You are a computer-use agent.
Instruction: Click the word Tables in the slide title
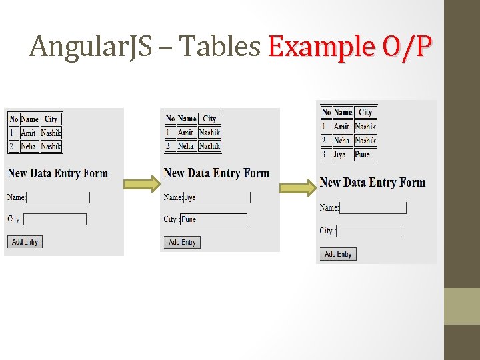coord(219,47)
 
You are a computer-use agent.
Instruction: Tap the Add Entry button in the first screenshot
coord(25,242)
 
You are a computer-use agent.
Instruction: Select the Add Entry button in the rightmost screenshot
coord(338,254)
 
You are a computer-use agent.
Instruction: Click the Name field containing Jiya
coord(217,197)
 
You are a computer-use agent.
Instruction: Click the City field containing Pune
coord(213,219)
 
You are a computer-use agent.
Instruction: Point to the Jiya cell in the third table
coord(341,154)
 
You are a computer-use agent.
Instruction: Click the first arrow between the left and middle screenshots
coord(143,183)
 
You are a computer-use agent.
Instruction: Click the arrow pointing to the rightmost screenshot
coord(298,188)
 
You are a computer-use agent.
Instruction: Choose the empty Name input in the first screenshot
coord(57,197)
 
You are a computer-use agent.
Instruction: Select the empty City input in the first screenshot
coord(55,219)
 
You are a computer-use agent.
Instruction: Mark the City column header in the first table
coord(51,119)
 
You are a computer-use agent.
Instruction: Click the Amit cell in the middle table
coord(186,133)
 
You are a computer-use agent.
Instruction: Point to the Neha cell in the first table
coord(29,146)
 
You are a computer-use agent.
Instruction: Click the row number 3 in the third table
coord(324,154)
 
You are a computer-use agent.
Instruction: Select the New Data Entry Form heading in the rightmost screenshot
coord(372,182)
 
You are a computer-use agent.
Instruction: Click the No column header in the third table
coord(326,112)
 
